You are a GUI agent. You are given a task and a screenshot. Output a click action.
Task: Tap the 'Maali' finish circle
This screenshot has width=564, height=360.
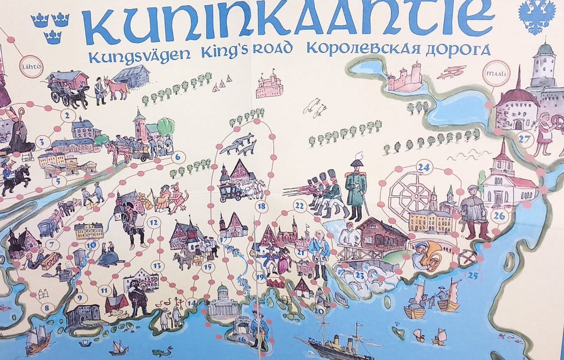[491, 76]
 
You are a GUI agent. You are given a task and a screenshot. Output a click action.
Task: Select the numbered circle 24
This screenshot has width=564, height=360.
[424, 167]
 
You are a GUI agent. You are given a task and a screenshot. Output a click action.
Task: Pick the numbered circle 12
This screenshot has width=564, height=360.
[154, 223]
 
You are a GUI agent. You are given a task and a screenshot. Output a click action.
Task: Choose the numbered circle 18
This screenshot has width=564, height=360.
[261, 206]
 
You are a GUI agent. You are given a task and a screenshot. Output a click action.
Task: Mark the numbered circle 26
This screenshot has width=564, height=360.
[499, 216]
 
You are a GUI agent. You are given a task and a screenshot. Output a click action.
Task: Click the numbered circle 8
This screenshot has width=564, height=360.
[46, 307]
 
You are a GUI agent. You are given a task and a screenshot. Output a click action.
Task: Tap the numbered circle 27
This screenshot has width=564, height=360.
[525, 139]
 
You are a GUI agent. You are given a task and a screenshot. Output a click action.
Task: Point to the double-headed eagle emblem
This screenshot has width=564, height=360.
[537, 16]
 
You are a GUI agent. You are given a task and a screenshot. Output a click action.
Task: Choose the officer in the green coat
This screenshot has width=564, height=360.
[355, 185]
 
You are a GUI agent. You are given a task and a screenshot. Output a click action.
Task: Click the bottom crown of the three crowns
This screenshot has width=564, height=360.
[52, 37]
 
